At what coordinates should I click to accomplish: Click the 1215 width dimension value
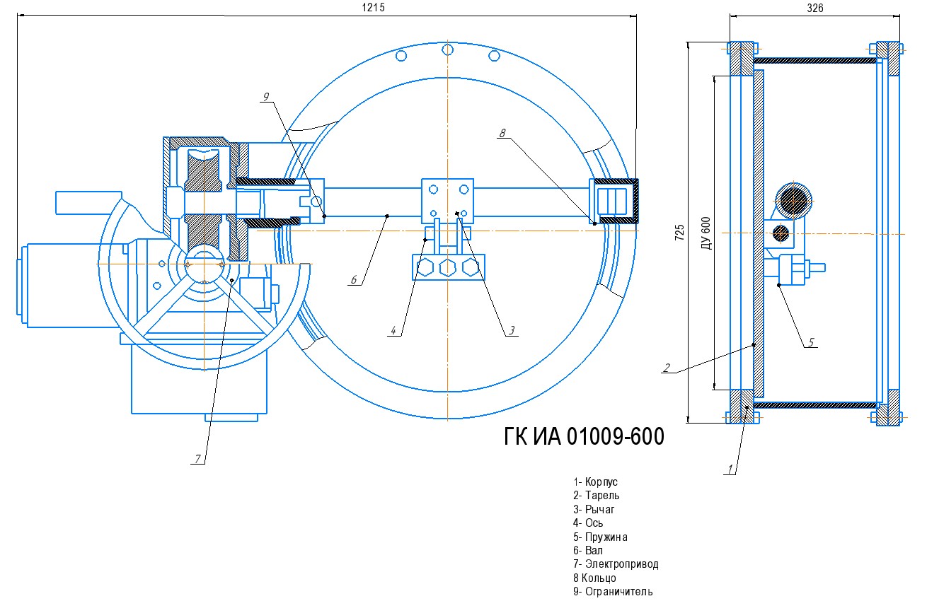374,8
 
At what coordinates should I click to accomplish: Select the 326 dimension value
815,8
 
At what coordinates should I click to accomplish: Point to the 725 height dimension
679,233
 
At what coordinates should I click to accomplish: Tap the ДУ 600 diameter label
706,233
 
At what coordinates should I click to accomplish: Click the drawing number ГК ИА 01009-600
584,436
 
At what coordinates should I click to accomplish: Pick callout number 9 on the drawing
266,96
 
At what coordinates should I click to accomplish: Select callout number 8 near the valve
502,133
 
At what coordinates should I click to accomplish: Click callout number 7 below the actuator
198,459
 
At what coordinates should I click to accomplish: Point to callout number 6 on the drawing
354,279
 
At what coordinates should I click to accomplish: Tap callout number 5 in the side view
811,342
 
